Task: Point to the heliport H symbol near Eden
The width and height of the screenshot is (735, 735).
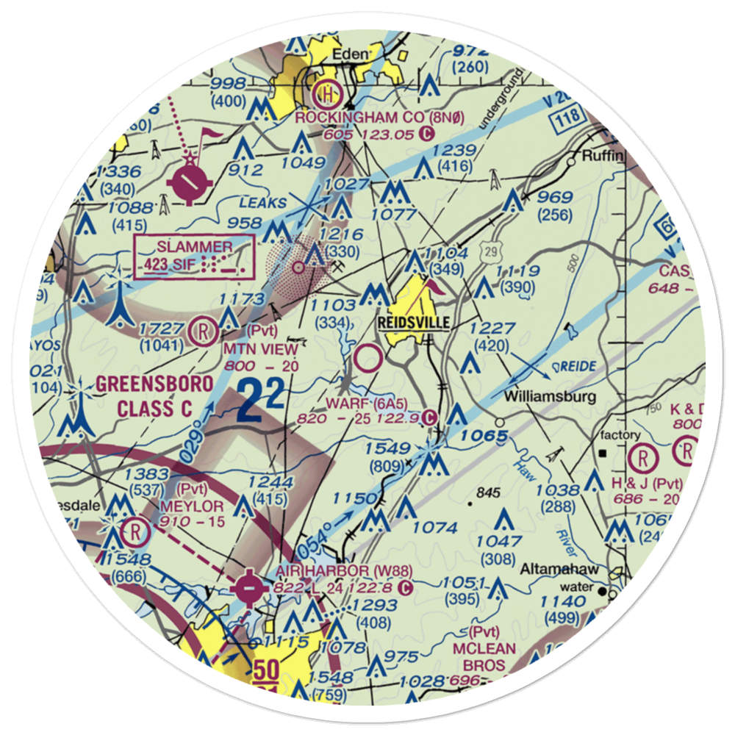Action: coord(324,93)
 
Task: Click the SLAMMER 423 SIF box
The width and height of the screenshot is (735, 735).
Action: coord(194,256)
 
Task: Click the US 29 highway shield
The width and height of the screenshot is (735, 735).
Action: coord(491,251)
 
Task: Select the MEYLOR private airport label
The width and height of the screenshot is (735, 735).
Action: coord(192,506)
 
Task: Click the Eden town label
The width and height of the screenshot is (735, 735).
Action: coord(349,55)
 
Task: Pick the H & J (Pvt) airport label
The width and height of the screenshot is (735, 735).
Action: coord(646,484)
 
